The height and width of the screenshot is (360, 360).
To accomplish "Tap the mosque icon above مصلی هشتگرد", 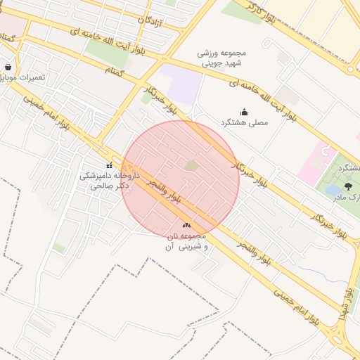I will coord(244,112).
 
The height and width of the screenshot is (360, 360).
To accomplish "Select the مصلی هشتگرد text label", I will coord(244,122).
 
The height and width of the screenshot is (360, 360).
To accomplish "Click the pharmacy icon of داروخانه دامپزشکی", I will coord(109,165).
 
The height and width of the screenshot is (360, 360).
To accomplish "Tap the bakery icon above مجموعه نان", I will coord(186,225).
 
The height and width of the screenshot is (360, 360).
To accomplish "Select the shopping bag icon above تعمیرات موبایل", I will coord(8,67).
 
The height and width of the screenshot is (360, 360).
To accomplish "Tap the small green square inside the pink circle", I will coord(191,165).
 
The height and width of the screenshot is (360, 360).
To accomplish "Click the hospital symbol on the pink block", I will coord(325,150).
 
